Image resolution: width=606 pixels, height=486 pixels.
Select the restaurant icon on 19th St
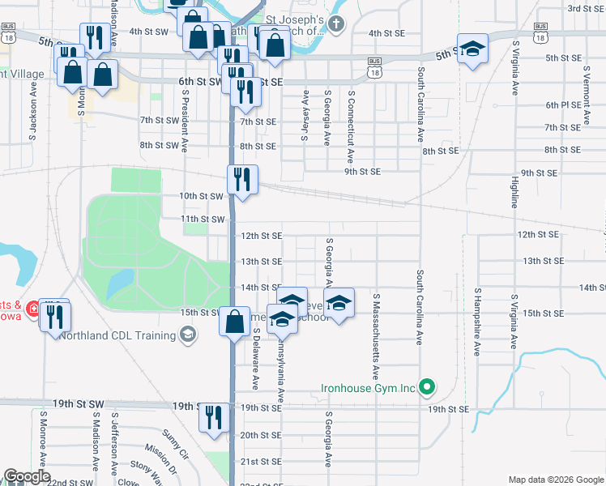click(214, 417)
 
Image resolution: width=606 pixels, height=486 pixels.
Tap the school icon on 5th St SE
click(472, 49)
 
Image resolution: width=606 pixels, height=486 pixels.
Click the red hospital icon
click(32, 309)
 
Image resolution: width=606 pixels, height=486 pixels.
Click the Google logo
click(27, 476)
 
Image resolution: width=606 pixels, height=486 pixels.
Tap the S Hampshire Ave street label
click(478, 322)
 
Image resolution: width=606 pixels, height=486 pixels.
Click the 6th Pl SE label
click(563, 105)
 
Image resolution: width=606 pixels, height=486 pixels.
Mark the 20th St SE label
click(259, 436)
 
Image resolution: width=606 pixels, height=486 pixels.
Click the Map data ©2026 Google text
click(555, 479)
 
